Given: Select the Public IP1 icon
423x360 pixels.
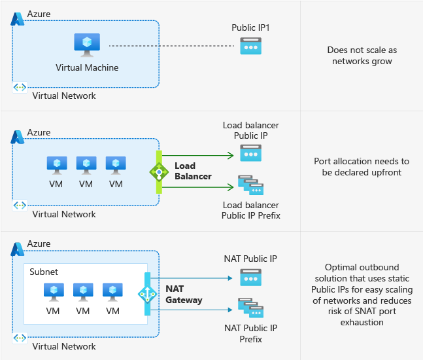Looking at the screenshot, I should [250, 46].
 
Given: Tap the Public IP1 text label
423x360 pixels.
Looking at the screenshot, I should [250, 28].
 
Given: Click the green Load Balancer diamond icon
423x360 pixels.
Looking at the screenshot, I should [158, 172].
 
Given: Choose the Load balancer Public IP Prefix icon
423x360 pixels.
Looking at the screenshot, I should [250, 187].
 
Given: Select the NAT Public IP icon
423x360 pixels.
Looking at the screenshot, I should [250, 278].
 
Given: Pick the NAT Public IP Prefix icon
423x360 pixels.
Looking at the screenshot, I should [250, 308].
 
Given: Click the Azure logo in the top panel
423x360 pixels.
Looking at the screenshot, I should [18, 19].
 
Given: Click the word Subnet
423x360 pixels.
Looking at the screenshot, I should [44, 271].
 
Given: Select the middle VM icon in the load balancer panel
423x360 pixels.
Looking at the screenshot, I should [86, 165].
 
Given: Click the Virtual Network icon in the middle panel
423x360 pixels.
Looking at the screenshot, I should [20, 205].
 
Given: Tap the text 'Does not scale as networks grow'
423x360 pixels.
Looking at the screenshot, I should [362, 56].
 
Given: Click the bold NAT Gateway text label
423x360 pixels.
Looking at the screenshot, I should [184, 294].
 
